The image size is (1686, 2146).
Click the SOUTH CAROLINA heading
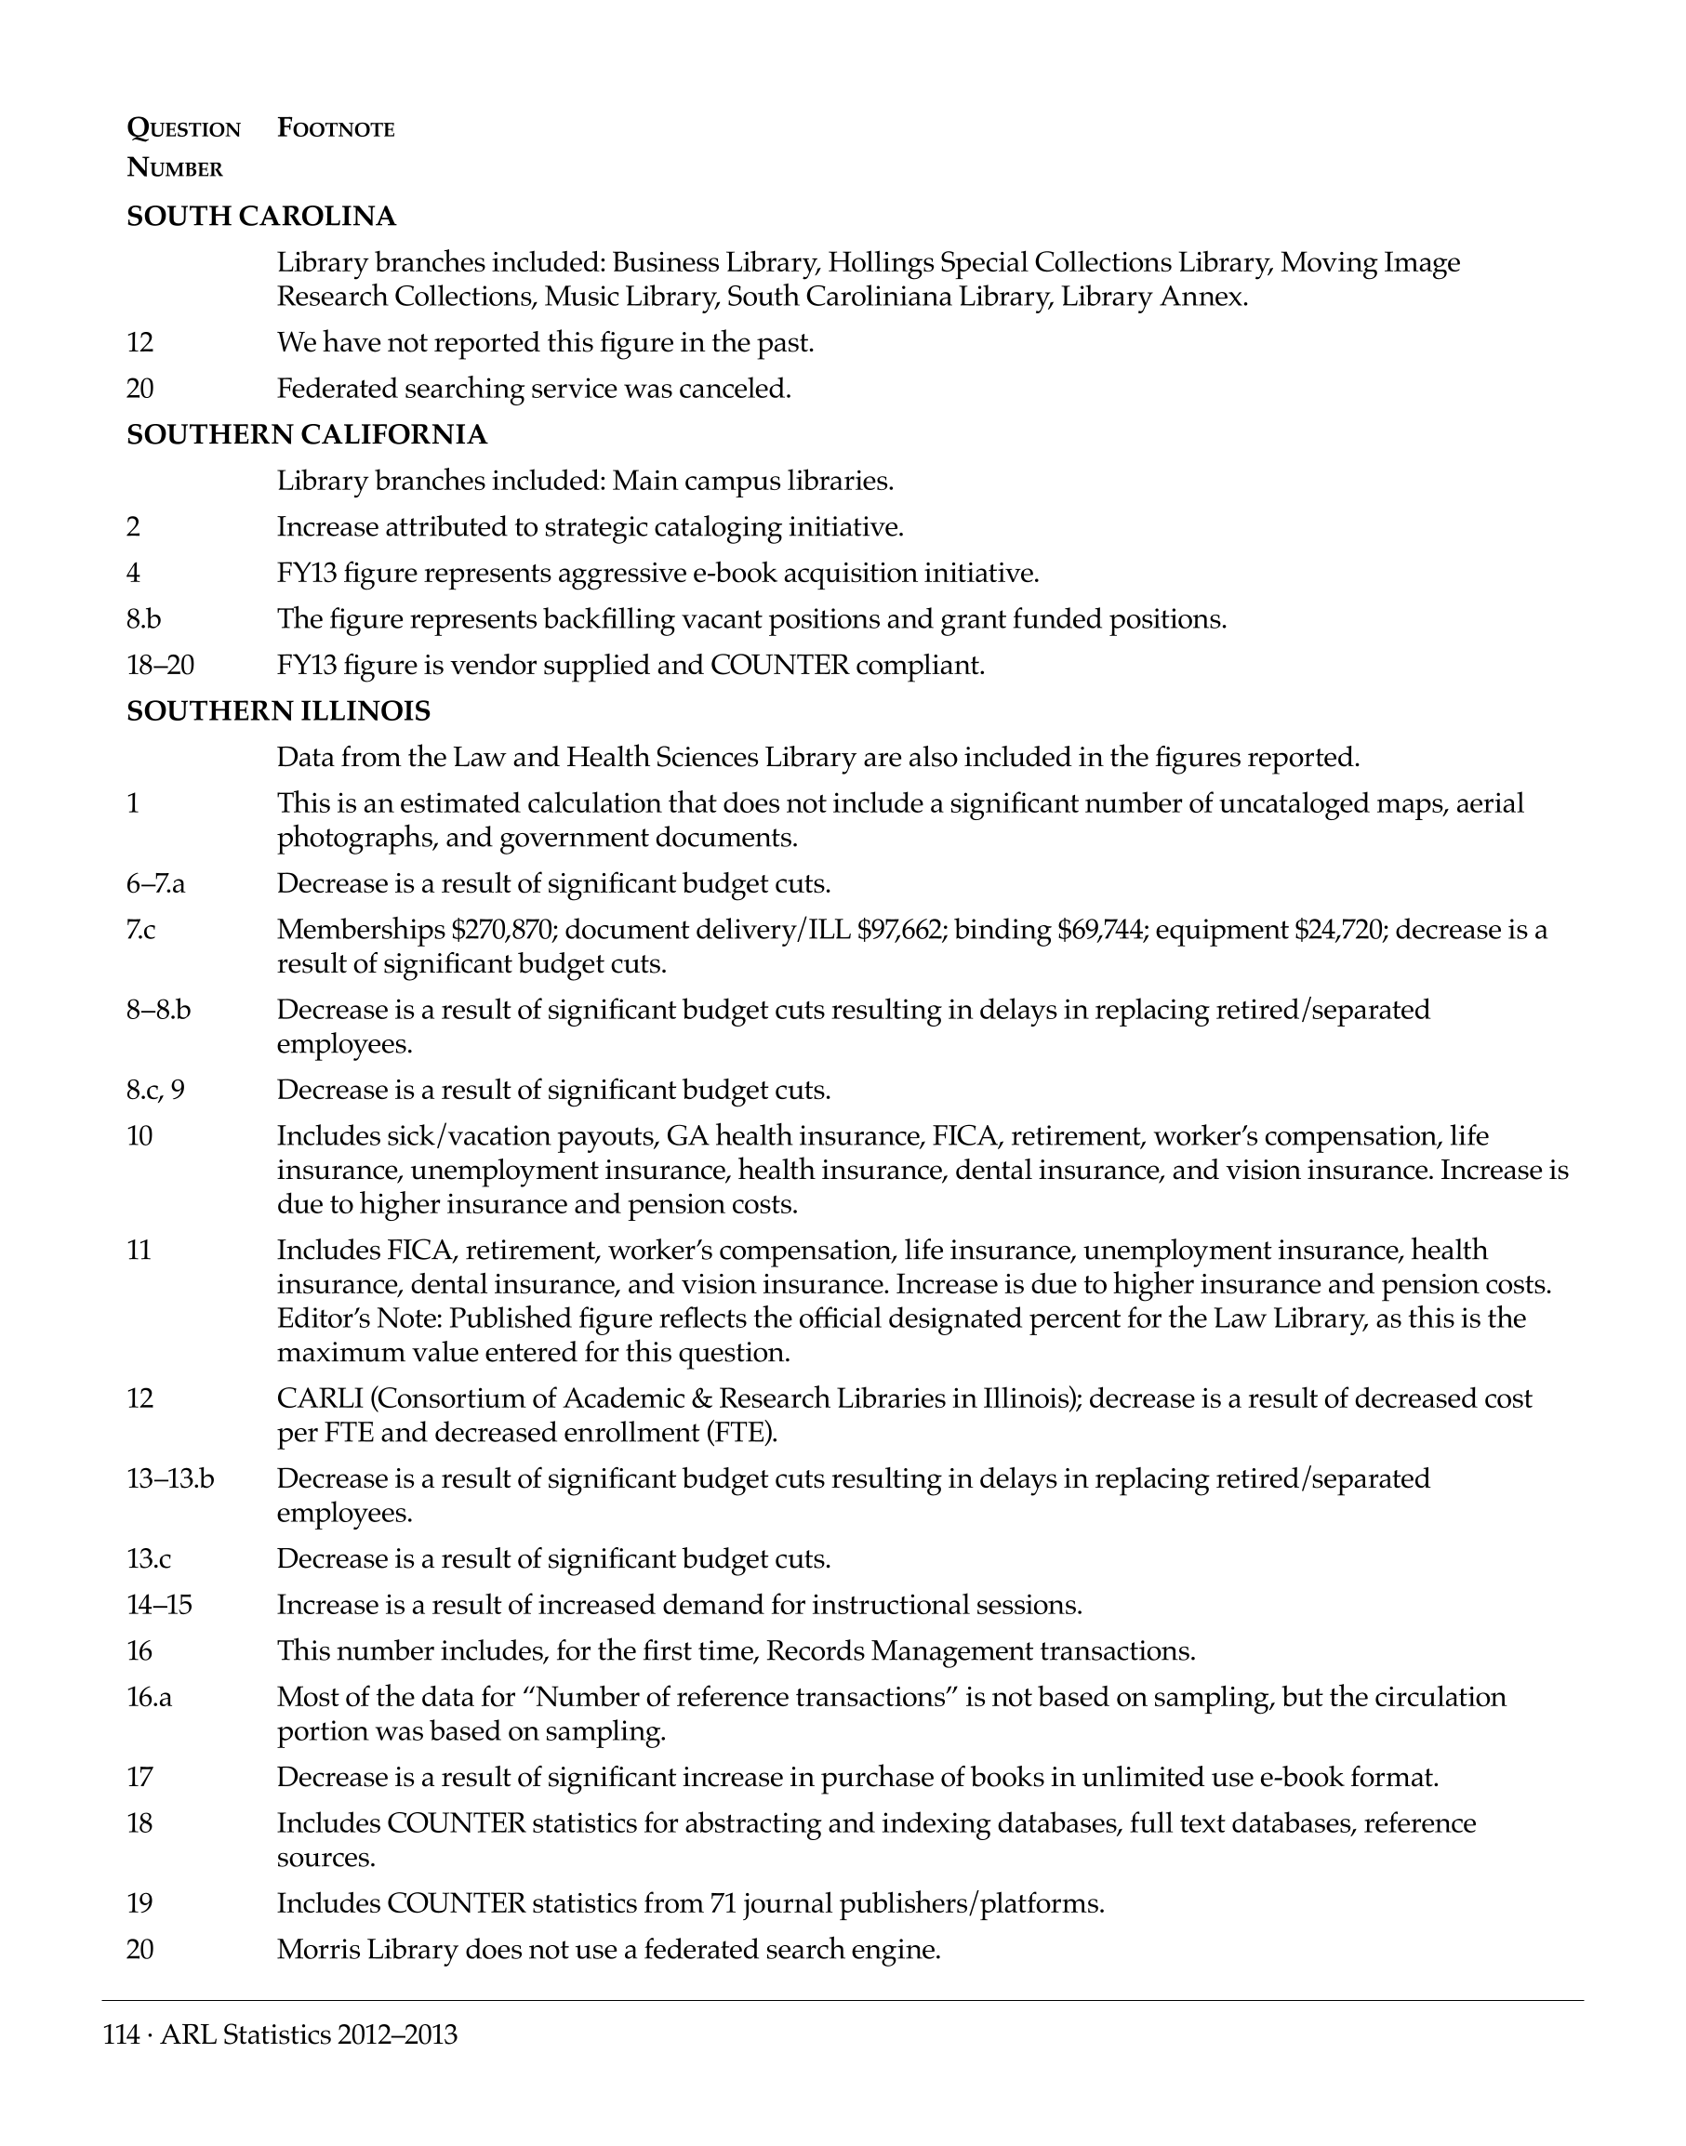(261, 216)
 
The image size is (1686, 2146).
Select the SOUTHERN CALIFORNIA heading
(307, 434)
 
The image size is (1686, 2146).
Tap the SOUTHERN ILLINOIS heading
(278, 710)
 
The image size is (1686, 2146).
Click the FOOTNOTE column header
(336, 128)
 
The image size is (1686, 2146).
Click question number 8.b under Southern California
(144, 619)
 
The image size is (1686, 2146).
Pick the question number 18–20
(160, 666)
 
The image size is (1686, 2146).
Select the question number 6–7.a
(155, 883)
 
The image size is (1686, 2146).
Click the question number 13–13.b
(170, 1478)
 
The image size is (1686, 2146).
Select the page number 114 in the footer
(121, 2035)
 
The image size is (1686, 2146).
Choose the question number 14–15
(159, 1605)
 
